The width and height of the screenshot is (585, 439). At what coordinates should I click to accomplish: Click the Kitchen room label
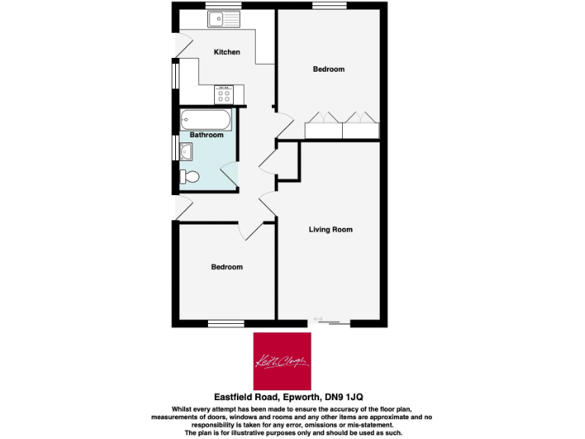tap(227, 53)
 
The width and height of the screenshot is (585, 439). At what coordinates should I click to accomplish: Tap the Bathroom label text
tap(206, 135)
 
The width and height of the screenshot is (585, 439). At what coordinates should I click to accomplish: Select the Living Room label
tap(331, 229)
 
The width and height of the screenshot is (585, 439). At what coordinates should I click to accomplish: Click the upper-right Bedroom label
tap(328, 69)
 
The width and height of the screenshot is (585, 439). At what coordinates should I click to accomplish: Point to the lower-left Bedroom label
tap(227, 267)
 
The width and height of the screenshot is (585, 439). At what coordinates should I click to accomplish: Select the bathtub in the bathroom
tap(206, 120)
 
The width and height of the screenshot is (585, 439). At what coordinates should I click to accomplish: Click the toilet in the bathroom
tap(190, 178)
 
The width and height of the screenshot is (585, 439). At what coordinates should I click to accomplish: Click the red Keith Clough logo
tap(282, 360)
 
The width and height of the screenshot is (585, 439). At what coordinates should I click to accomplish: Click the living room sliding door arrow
tap(318, 319)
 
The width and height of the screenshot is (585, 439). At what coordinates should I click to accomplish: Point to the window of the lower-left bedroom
tap(226, 324)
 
